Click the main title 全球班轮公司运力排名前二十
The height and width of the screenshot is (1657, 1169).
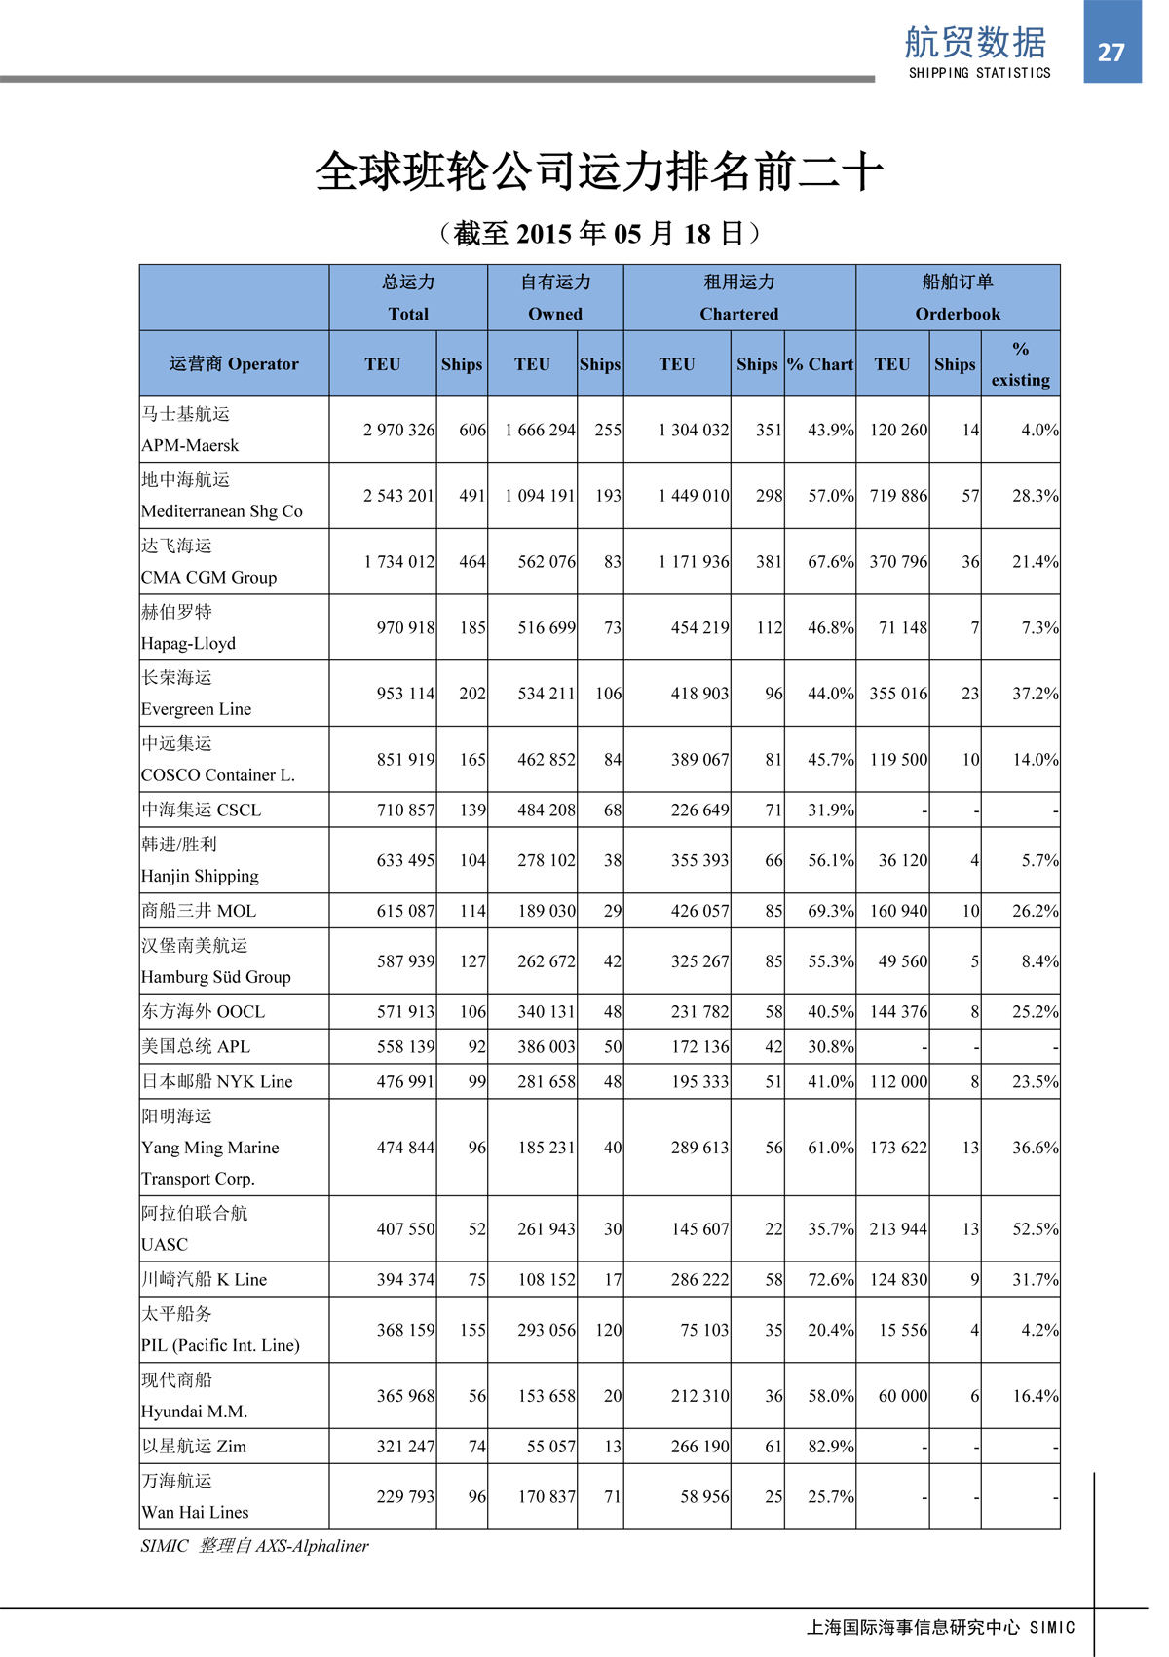598,172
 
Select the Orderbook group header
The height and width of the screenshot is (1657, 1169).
957,297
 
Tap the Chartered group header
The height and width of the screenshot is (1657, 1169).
739,297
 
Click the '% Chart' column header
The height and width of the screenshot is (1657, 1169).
820,364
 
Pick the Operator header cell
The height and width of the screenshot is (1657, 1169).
234,364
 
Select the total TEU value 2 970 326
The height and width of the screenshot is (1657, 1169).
398,430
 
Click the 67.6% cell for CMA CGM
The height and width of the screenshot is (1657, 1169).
830,562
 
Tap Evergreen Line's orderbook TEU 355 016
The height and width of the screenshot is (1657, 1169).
898,694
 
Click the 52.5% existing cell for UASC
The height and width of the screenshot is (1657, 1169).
1035,1229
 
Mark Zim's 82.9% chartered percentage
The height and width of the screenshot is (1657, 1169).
830,1447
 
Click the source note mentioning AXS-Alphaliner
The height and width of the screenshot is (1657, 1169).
254,1546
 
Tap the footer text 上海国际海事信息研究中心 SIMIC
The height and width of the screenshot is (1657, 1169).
940,1627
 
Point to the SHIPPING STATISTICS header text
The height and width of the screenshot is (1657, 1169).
979,73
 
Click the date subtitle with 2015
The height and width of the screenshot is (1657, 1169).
598,234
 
